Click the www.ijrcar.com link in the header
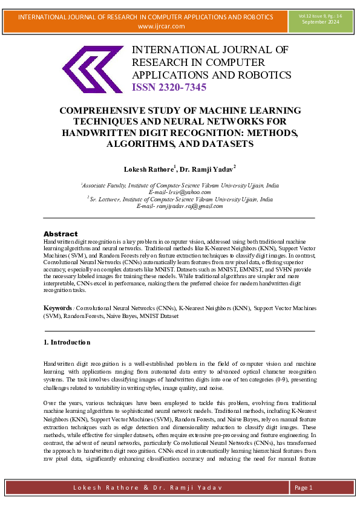[x=162, y=26]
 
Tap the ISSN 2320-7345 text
[x=169, y=88]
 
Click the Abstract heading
[x=61, y=234]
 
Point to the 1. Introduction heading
[x=67, y=342]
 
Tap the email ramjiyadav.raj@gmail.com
[x=189, y=206]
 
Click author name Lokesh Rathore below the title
[x=148, y=168]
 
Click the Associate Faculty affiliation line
[x=179, y=185]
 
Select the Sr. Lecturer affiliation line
[x=179, y=199]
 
